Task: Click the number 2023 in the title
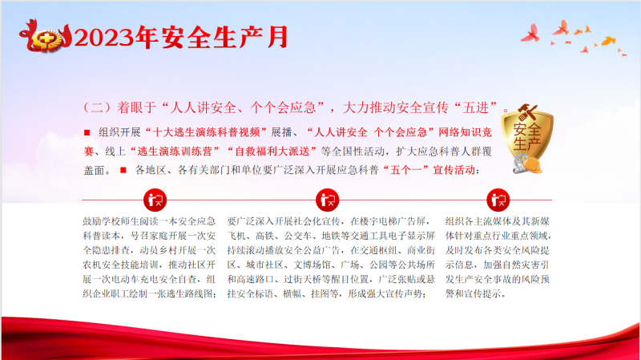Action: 105,38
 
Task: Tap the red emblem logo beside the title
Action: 46,36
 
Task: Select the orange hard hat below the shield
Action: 532,165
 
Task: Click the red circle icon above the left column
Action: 155,200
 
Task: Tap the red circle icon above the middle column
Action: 328,200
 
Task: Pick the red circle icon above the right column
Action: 498,200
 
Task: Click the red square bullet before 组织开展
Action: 87,132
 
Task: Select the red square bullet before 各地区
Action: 123,170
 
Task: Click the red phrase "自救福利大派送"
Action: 272,152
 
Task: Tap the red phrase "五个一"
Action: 406,170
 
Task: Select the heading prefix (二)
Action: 97,107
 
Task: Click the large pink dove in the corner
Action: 530,34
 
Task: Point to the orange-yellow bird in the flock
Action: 609,41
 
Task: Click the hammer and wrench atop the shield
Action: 527,112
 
